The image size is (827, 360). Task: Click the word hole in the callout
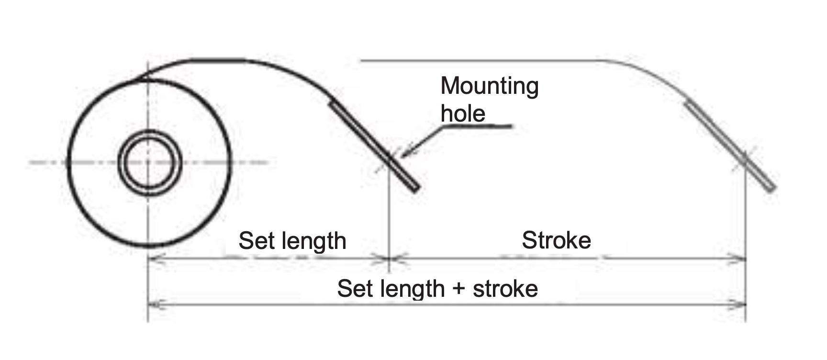pos(463,113)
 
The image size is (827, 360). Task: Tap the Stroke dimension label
pos(556,240)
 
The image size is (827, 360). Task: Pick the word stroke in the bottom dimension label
pos(505,289)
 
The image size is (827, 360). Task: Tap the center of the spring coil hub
pos(148,162)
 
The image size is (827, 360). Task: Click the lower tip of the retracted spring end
pos(416,189)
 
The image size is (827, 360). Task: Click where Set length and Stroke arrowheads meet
pos(390,259)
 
